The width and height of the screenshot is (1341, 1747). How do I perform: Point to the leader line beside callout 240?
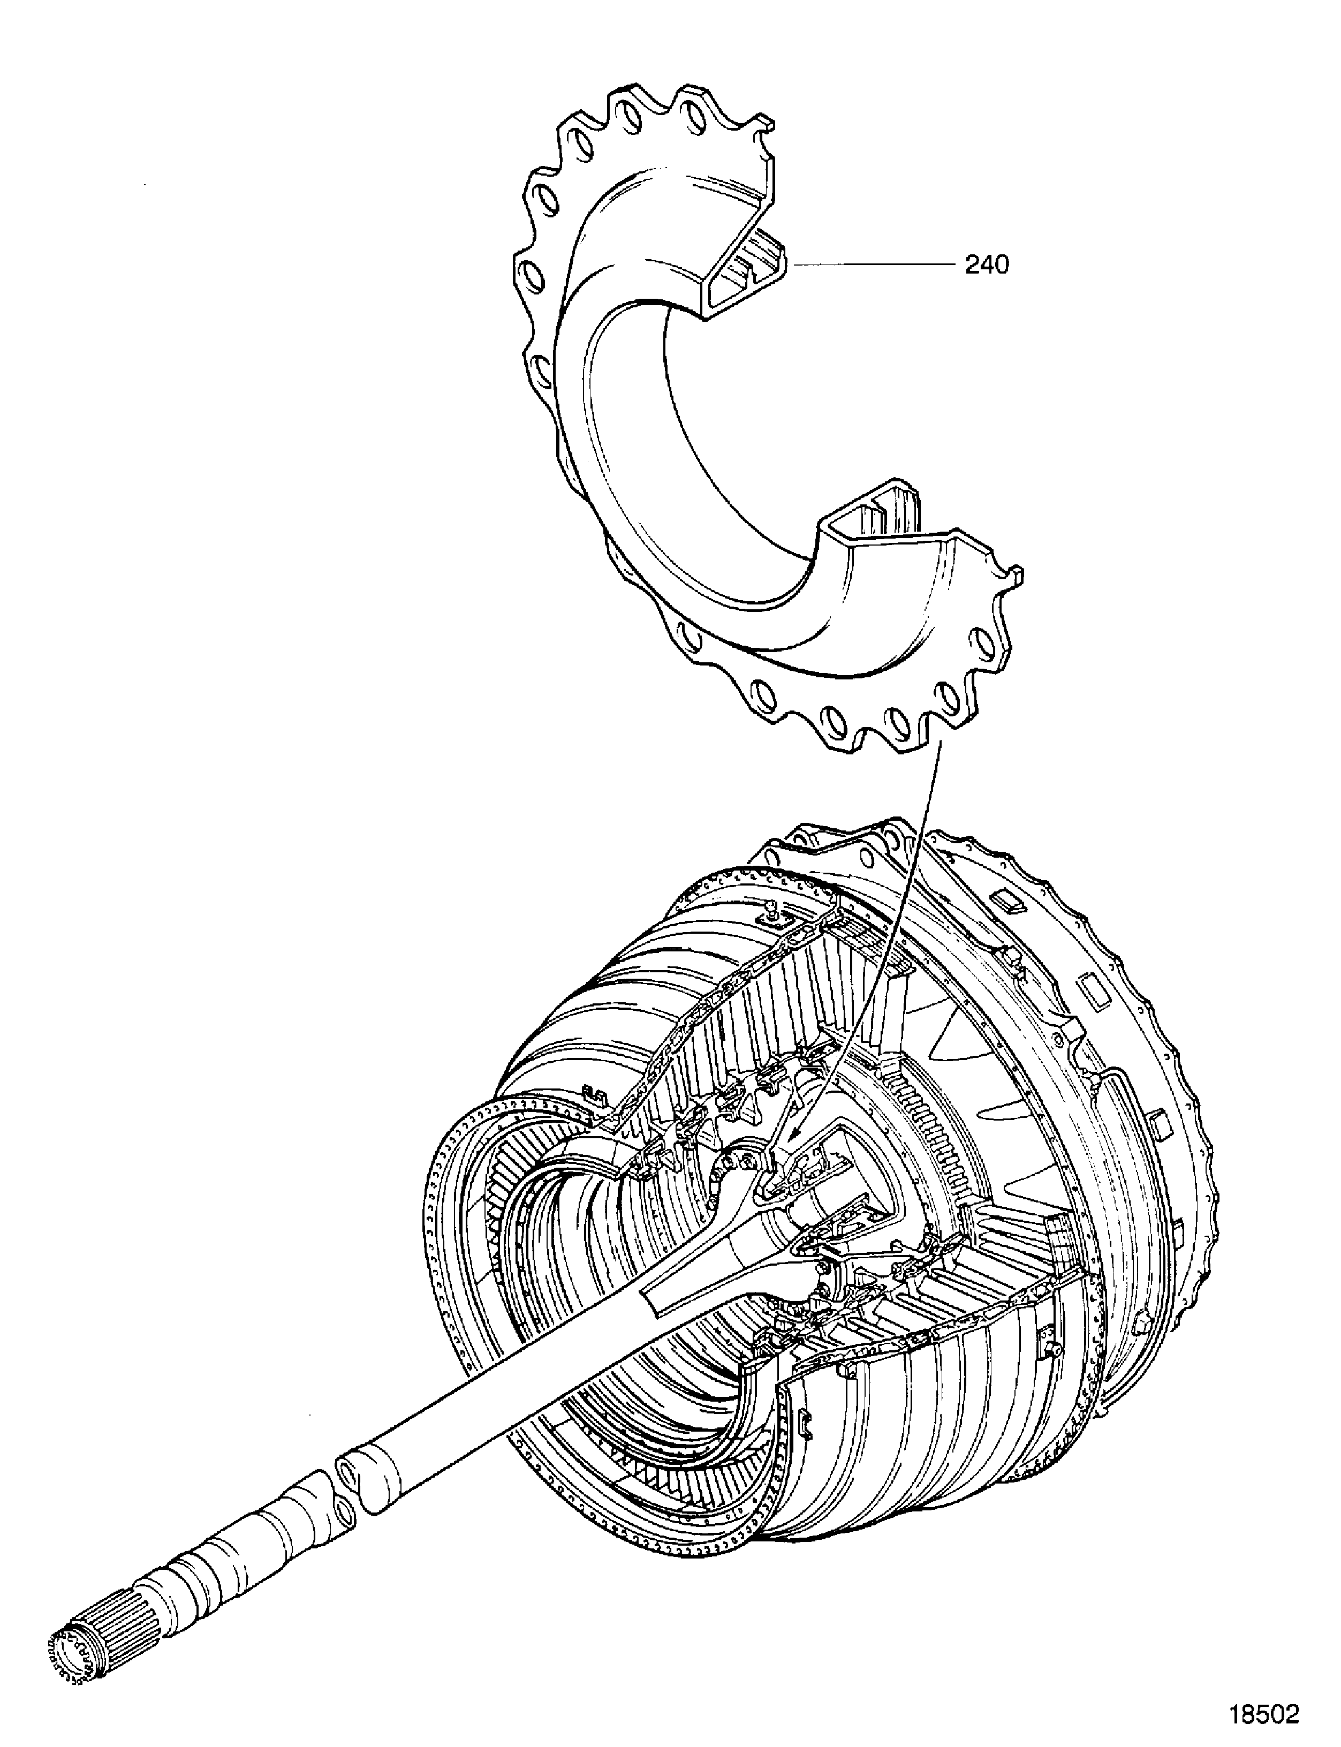tap(870, 263)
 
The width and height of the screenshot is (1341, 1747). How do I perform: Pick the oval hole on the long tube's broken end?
tap(349, 1469)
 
